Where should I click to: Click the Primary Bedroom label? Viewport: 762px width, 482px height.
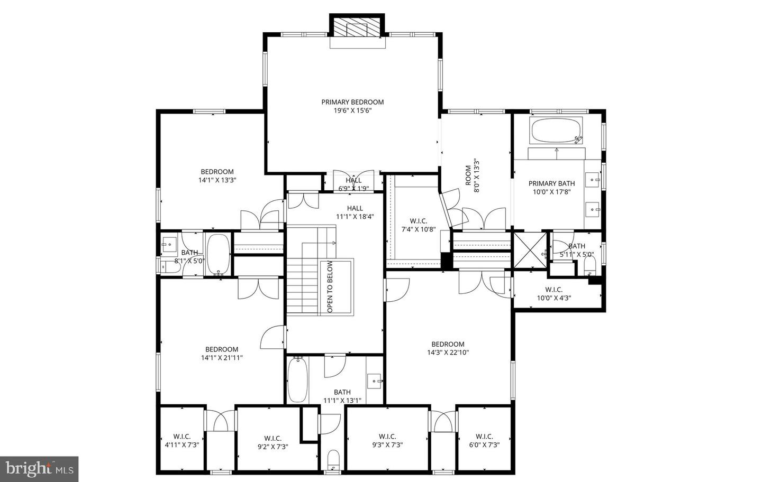[352, 102]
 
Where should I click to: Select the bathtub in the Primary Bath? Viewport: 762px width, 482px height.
[556, 130]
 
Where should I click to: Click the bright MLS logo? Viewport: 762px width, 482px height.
[39, 469]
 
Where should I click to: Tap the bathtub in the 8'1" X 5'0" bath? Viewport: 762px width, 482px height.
[217, 254]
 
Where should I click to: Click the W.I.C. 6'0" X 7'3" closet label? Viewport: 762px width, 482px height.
[484, 441]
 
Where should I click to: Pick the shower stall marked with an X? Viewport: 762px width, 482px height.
[531, 251]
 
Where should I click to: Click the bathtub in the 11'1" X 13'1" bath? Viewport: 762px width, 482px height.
[297, 379]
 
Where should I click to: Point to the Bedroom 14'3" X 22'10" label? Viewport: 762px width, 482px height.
[448, 348]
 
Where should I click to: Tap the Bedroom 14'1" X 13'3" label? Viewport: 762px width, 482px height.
[217, 175]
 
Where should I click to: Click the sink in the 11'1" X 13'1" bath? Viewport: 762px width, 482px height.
[376, 379]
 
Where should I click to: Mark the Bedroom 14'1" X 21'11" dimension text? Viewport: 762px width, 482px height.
[222, 358]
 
